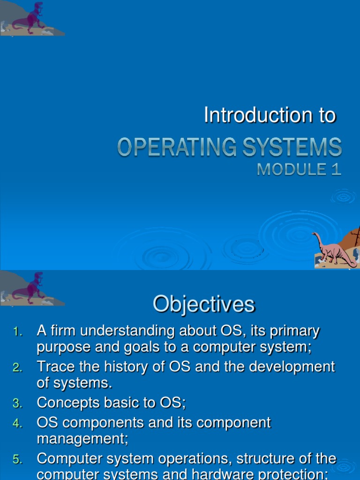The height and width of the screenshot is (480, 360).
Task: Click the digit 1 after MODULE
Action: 336,169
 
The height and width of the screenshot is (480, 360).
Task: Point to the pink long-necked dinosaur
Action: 334,248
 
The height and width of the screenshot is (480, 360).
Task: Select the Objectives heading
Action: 203,305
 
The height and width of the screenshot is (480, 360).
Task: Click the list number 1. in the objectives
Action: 18,332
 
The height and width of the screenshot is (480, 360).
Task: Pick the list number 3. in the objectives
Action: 18,403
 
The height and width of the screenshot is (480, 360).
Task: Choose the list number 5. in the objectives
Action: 18,459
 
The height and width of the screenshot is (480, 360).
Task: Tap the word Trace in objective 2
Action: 53,367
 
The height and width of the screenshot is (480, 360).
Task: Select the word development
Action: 292,367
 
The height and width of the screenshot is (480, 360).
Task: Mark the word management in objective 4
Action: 82,440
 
